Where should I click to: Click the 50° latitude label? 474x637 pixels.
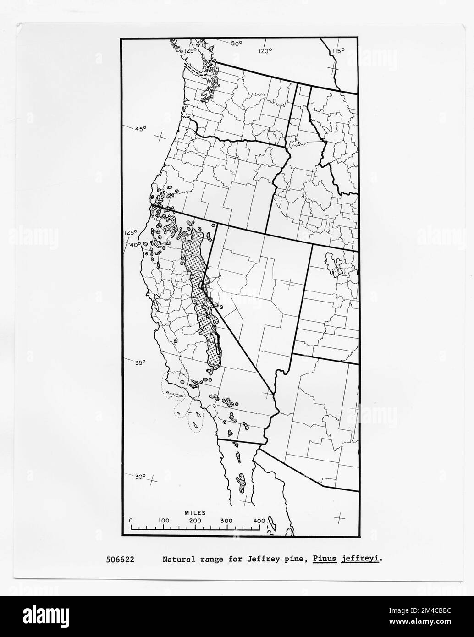(x=236, y=44)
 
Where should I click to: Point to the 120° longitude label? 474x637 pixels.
(x=265, y=51)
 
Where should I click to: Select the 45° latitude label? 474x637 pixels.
(x=140, y=129)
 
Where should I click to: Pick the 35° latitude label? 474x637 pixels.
(x=139, y=362)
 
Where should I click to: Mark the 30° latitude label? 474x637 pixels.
(x=140, y=477)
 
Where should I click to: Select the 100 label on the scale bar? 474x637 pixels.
(x=164, y=521)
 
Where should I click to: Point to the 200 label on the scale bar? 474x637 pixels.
(x=195, y=521)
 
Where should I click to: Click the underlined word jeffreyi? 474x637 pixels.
(x=361, y=560)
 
